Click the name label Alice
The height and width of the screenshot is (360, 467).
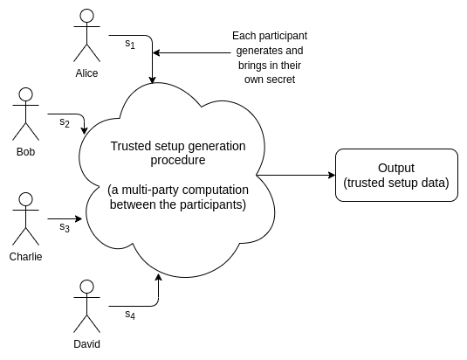pyautogui.click(x=86, y=73)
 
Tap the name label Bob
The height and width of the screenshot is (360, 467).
pyautogui.click(x=25, y=152)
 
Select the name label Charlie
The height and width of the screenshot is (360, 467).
pyautogui.click(x=25, y=257)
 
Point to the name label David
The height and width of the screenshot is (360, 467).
pyautogui.click(x=86, y=344)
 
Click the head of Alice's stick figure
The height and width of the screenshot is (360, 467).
pyautogui.click(x=86, y=16)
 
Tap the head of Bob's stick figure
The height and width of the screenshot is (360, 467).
pyautogui.click(x=25, y=94)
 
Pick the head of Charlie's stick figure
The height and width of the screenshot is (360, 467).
pyautogui.click(x=25, y=199)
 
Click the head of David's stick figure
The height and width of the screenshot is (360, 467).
pyautogui.click(x=86, y=287)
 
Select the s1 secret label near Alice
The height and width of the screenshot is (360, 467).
pyautogui.click(x=130, y=44)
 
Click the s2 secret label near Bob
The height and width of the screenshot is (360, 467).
pyautogui.click(x=65, y=122)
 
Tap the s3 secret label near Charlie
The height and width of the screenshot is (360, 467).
pyautogui.click(x=65, y=227)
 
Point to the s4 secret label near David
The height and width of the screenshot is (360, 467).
pyautogui.click(x=130, y=315)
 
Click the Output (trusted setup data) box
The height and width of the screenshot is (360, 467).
pyautogui.click(x=396, y=176)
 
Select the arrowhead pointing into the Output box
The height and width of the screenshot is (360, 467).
pyautogui.click(x=332, y=176)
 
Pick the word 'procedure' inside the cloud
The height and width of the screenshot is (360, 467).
pyautogui.click(x=178, y=160)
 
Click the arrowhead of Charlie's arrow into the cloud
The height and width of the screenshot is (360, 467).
pyautogui.click(x=79, y=219)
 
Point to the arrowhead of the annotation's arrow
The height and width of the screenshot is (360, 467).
pyautogui.click(x=156, y=53)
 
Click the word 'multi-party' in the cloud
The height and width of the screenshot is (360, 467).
pyautogui.click(x=151, y=190)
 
